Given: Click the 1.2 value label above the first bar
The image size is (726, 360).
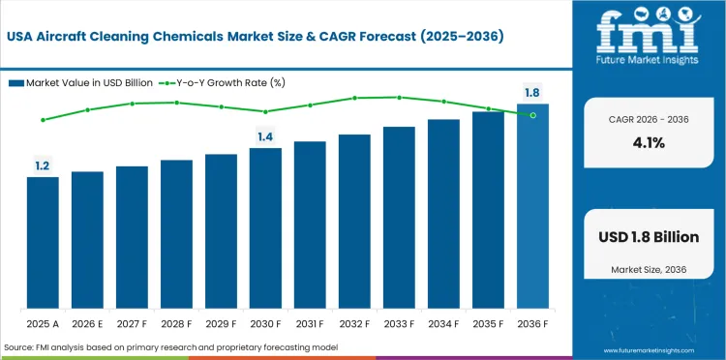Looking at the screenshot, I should click(43, 166).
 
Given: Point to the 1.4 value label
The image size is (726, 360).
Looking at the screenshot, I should click(265, 136).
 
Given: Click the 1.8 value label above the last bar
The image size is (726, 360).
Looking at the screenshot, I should click(532, 93).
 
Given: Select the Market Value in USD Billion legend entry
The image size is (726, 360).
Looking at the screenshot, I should click(78, 82).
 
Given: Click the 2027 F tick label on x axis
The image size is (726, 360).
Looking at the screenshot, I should click(132, 322).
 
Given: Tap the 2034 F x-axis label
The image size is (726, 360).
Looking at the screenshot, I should click(443, 322).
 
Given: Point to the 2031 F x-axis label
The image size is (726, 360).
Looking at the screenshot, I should click(310, 322).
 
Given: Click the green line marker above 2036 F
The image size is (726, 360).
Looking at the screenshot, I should click(532, 115).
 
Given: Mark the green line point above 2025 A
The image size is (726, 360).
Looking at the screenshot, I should click(43, 120).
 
